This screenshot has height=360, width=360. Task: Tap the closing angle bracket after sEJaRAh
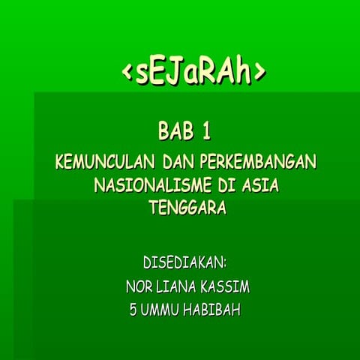click(259, 71)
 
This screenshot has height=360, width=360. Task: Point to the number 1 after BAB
click(206, 133)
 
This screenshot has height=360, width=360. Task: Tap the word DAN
click(178, 162)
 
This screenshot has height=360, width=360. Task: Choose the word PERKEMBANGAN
click(259, 162)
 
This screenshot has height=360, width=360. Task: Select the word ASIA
click(257, 184)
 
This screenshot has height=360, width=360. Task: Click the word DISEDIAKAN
click(184, 264)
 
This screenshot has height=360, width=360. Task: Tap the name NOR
click(139, 288)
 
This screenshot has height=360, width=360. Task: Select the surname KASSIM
click(227, 288)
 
